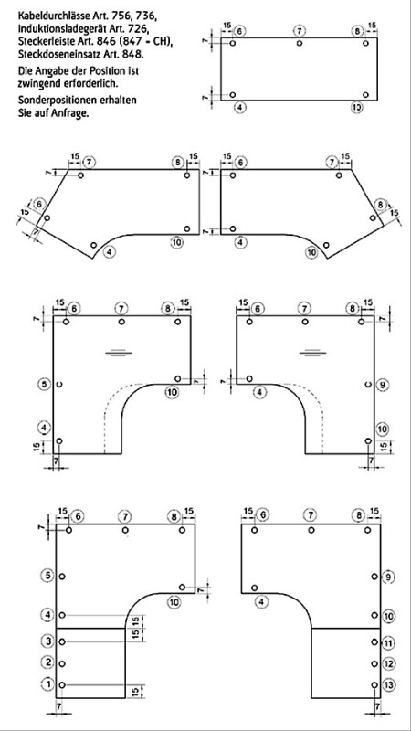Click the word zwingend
click(38, 84)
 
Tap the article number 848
click(133, 54)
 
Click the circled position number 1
click(47, 684)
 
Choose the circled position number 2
click(47, 662)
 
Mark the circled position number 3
click(47, 641)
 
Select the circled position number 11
click(390, 643)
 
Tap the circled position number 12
click(390, 664)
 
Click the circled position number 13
click(390, 684)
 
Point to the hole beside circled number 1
click(62, 684)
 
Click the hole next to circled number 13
click(374, 684)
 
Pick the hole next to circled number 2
click(62, 663)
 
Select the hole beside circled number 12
click(374, 663)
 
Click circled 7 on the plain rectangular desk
click(300, 32)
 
